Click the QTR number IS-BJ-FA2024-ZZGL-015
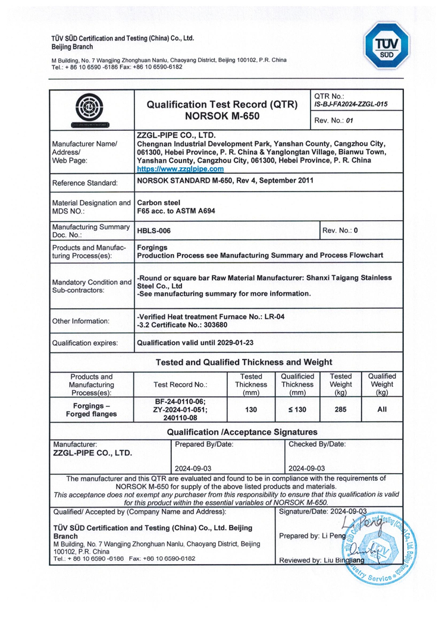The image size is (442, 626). point(350,104)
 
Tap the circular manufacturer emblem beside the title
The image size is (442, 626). point(92,109)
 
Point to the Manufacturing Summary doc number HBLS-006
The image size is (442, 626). point(153,230)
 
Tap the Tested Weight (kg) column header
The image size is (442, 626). point(340,384)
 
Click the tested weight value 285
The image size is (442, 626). point(340,409)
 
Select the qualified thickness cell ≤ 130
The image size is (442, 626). point(297,409)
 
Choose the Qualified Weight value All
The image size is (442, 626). point(382,409)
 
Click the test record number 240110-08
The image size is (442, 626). point(181,418)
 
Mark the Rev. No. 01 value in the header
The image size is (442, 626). point(349,120)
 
